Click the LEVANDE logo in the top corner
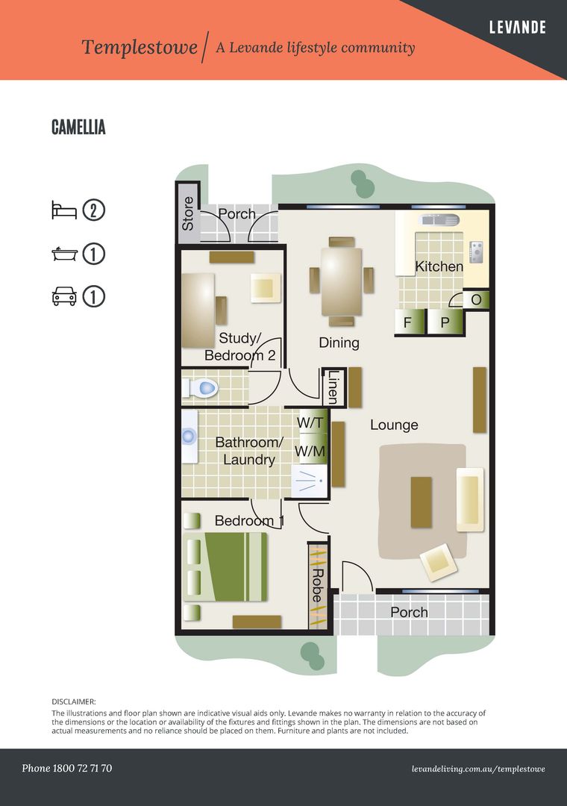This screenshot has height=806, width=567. click(x=517, y=28)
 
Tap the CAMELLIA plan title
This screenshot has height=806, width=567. click(x=78, y=127)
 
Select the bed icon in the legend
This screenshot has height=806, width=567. click(x=64, y=210)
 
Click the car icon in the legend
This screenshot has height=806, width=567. click(x=64, y=296)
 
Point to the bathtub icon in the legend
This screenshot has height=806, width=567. click(x=64, y=254)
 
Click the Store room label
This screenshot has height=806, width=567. click(x=187, y=213)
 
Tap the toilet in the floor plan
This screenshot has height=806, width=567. click(x=201, y=388)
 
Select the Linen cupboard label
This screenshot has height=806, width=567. click(x=333, y=387)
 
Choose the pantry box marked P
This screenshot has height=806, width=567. click(x=445, y=322)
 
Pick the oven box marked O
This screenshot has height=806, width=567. click(x=476, y=300)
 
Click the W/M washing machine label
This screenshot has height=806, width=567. click(x=310, y=452)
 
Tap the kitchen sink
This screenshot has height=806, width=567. click(x=440, y=220)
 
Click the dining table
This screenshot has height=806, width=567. click(x=341, y=281)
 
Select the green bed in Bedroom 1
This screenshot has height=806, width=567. click(x=225, y=566)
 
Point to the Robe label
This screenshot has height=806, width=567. click(x=317, y=586)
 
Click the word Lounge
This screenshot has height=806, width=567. click(x=394, y=425)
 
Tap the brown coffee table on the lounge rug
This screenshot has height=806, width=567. click(x=422, y=502)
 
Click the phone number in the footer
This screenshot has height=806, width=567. click(x=67, y=769)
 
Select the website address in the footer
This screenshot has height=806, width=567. click(x=478, y=769)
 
